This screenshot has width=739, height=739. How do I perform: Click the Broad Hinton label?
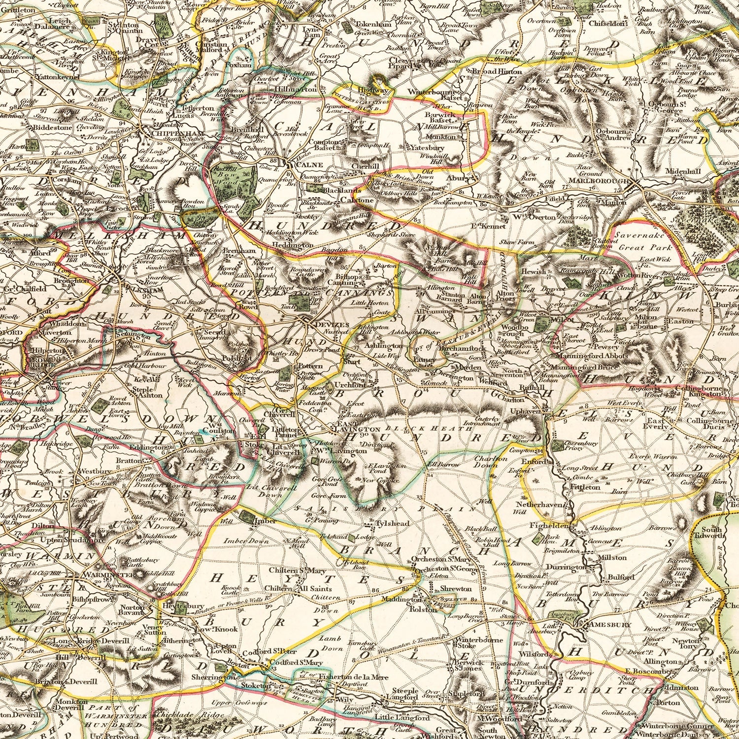(x=494, y=71)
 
